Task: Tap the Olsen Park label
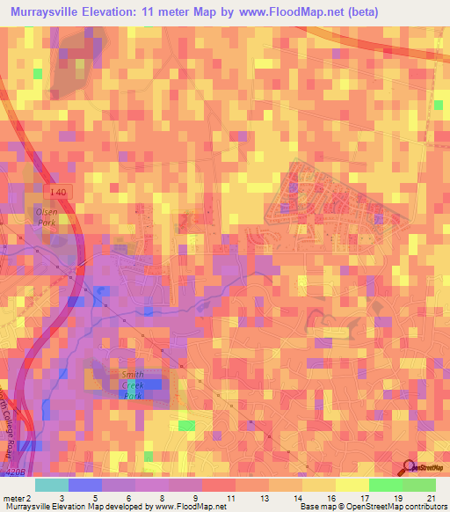click(45, 217)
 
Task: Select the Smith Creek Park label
click(133, 384)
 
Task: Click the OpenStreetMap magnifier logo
click(410, 467)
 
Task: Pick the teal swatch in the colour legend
click(52, 485)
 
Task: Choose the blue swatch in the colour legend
click(85, 485)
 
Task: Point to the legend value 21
click(431, 497)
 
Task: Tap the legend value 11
click(231, 497)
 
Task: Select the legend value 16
click(331, 497)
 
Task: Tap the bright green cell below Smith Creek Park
click(185, 426)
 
